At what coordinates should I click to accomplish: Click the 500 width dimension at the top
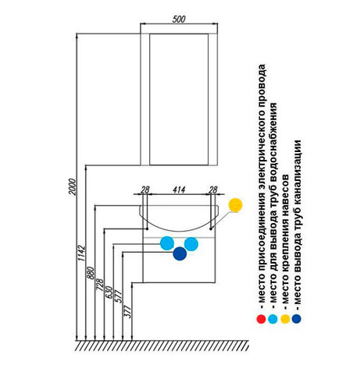pos(179,19)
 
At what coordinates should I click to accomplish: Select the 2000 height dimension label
pos(72,186)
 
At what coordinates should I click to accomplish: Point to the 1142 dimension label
pos(81,253)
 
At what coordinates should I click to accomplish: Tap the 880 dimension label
pos(91,273)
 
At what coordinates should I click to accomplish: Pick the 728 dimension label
pos(100,285)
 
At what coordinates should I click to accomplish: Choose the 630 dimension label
pos(109,292)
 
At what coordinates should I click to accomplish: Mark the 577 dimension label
pos(119,296)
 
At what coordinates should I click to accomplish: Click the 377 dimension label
pos(128,311)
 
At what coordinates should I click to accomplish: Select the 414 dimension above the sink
pos(179,190)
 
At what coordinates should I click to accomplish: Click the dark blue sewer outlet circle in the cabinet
pos(180,253)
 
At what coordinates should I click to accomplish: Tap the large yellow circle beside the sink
pos(235,205)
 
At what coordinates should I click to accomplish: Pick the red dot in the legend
pos(261,319)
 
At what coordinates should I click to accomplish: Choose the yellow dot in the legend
pos(285,319)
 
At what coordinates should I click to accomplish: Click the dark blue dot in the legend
pos(297,319)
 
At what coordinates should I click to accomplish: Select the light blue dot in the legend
pos(273,319)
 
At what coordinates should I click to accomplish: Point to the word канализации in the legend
pos(298,172)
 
